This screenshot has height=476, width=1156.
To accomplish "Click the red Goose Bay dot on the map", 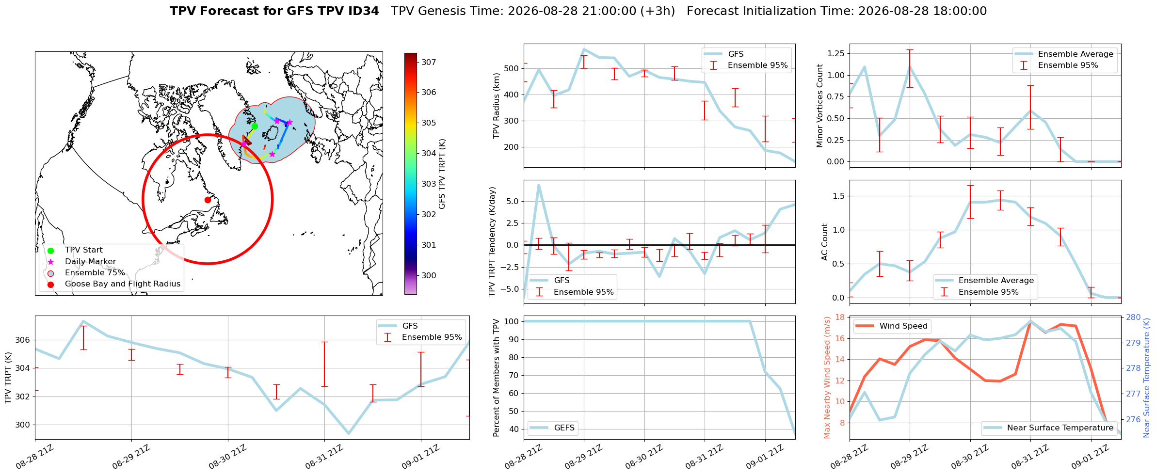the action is click(208, 200).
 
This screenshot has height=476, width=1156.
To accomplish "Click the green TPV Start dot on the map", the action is click(255, 126).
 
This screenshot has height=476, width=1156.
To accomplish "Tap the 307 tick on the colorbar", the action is click(429, 62).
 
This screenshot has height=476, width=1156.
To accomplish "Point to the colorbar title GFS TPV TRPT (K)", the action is click(442, 174).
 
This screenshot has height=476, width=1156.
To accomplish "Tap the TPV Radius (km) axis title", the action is click(496, 106).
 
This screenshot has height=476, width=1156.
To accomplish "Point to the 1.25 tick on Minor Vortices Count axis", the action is click(835, 53).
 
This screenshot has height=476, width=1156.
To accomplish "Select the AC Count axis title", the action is click(825, 242).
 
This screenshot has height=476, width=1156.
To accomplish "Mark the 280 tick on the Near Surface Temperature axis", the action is click(1133, 317).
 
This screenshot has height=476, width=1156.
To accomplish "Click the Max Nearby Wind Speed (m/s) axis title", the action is click(827, 378).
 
